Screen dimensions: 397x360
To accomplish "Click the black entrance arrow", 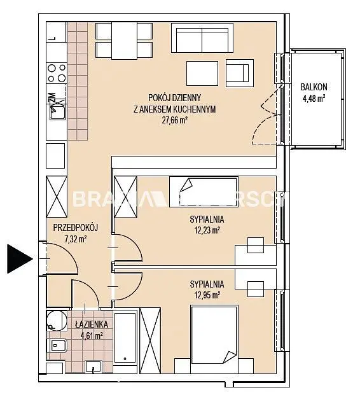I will coord(18,258).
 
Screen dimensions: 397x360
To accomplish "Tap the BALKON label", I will coord(314,87).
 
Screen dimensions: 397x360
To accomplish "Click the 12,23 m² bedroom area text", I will coord(206,230).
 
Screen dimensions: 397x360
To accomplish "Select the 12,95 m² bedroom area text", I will coord(206,295).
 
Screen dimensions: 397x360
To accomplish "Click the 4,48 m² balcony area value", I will coord(314,98).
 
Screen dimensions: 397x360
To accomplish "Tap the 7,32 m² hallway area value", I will coord(75,239).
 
